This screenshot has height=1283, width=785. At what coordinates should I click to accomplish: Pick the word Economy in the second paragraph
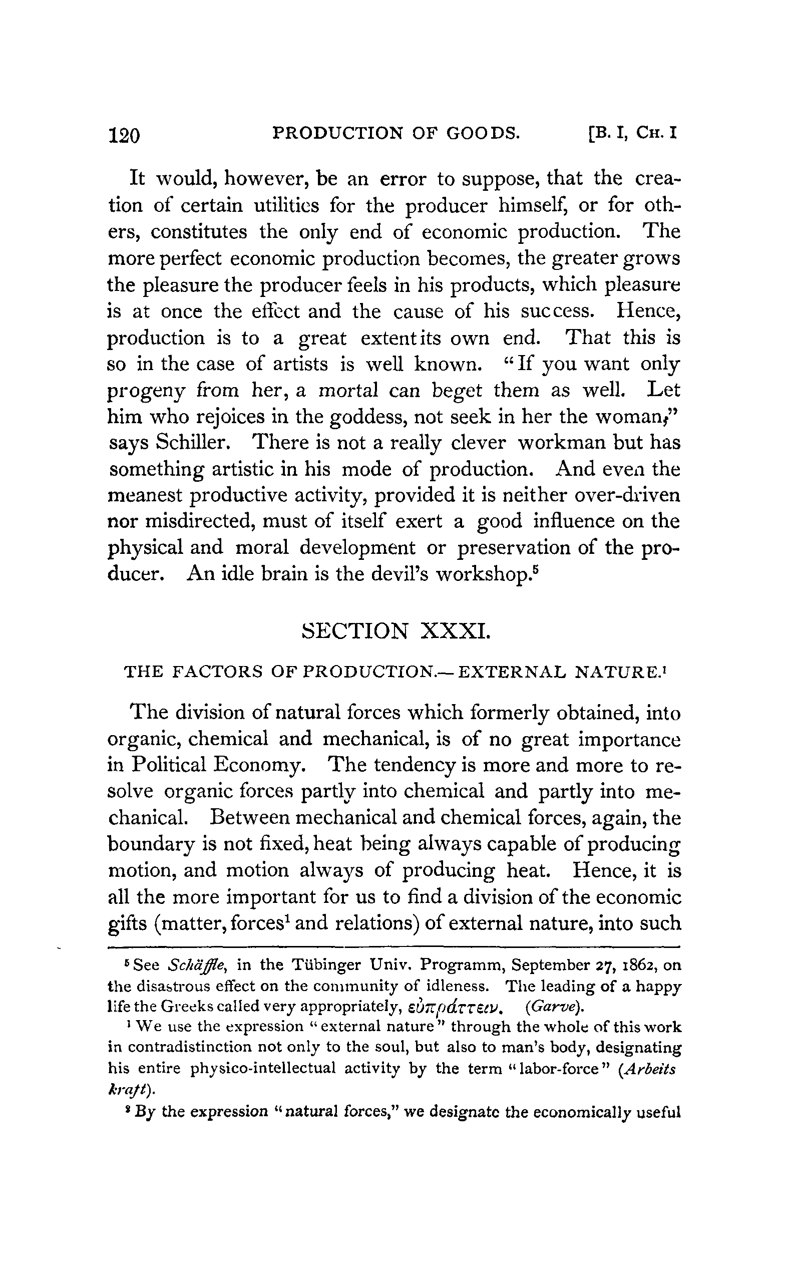[258, 765]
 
